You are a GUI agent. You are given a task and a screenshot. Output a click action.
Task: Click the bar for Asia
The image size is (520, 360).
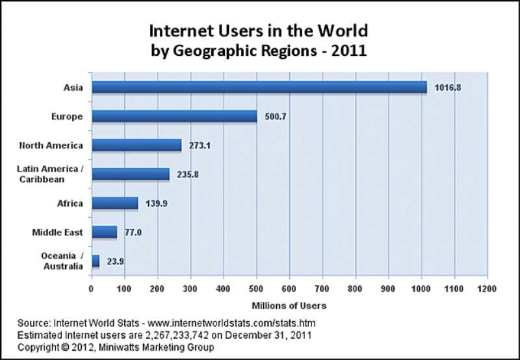[x=259, y=87]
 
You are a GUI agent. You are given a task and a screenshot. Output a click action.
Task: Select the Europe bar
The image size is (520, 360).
[x=174, y=116]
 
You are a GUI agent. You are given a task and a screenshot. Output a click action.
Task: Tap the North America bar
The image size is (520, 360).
[x=136, y=145]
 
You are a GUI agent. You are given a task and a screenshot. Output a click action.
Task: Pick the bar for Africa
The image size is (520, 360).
[x=115, y=203]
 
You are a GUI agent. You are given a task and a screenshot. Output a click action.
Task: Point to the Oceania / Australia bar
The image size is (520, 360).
[x=96, y=261]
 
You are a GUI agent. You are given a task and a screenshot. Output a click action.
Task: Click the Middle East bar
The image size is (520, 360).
[x=105, y=232]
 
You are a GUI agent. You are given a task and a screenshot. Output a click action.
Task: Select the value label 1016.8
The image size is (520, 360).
[x=448, y=88]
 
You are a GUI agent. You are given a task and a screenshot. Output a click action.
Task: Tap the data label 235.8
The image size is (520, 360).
[x=188, y=175]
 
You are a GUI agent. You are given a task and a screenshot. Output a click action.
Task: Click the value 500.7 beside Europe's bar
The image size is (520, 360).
[x=276, y=117]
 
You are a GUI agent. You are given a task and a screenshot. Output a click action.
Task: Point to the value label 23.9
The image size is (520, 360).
[x=116, y=261]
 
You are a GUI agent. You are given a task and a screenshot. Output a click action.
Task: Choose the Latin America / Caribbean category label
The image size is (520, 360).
[x=50, y=174]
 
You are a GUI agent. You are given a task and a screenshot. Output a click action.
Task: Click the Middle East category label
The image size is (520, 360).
[x=57, y=233]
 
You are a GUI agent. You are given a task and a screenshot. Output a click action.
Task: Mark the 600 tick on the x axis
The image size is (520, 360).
[x=289, y=289]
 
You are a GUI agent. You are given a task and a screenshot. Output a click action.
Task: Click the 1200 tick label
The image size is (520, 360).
[x=487, y=289]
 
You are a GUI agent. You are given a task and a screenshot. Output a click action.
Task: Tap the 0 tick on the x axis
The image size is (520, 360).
[x=91, y=289]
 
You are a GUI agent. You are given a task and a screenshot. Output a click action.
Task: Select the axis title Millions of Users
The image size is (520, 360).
[x=289, y=305]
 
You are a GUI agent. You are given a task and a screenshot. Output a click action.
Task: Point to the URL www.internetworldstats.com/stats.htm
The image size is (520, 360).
[x=231, y=323]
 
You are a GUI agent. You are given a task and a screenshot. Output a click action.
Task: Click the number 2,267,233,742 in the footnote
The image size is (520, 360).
[x=177, y=335]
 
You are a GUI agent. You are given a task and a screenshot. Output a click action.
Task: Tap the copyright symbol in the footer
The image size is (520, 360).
[x=64, y=348]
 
